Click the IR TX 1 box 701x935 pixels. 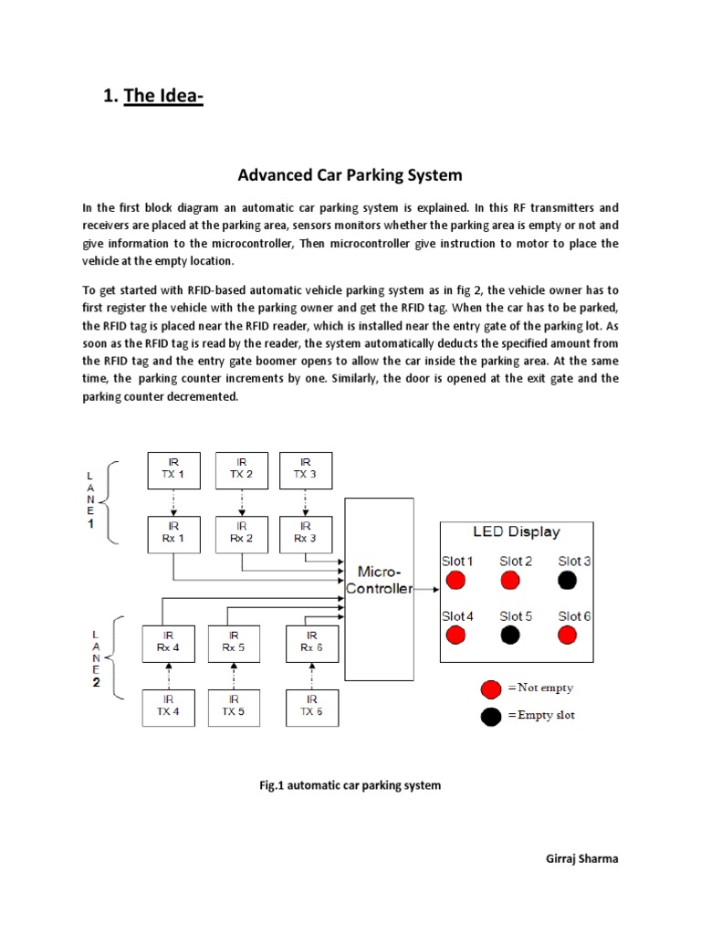173,468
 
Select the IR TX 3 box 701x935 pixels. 305,468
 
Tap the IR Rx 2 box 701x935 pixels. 241,532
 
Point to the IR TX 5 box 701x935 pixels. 234,706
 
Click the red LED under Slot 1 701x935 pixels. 457,580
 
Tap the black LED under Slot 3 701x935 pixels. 567,580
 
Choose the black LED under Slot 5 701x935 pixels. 510,635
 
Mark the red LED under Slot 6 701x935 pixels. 568,635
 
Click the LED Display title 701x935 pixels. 516,531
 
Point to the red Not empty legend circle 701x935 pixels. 492,688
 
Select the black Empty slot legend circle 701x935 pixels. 492,716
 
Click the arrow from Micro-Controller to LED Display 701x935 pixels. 425,589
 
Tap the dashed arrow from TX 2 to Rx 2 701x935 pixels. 241,501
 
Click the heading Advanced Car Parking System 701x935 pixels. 350,174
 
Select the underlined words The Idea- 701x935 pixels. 163,96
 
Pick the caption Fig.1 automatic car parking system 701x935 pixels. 350,785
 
